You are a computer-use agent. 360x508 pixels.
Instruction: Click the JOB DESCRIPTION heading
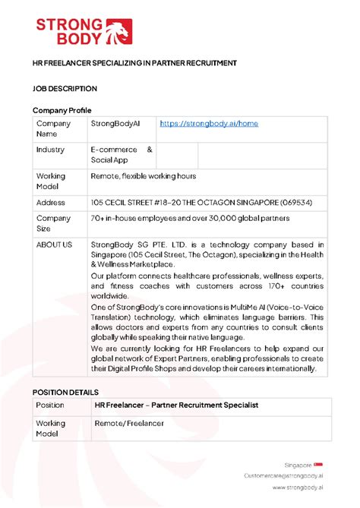point(65,88)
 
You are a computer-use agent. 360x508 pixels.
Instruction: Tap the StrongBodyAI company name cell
point(115,123)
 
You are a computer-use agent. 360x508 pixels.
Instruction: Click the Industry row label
point(50,150)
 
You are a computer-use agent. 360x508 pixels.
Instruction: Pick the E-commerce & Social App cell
point(122,155)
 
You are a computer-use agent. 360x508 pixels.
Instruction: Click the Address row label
point(51,203)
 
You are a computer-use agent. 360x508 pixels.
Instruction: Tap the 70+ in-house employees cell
point(190,219)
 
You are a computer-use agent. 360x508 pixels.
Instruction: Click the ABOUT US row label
point(54,245)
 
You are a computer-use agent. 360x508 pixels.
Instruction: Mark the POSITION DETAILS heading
point(67,391)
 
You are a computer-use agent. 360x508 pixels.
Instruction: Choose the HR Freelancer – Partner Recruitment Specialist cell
point(176,405)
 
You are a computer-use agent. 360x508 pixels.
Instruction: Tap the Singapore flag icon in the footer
point(319,464)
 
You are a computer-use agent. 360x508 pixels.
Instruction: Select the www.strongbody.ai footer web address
point(298,488)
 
